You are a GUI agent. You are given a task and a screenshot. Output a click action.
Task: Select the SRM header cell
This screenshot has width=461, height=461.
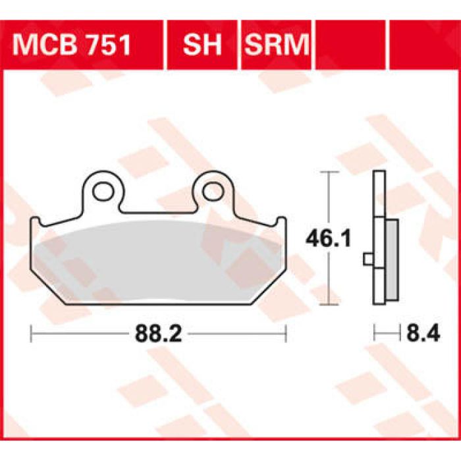click(x=277, y=45)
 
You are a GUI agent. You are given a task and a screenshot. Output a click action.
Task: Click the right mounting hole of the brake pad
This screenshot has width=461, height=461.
click(x=212, y=192)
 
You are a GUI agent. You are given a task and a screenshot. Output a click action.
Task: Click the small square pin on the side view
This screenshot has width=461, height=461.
click(x=367, y=259)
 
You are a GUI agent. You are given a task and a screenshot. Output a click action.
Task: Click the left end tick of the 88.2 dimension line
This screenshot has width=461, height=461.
click(x=32, y=335)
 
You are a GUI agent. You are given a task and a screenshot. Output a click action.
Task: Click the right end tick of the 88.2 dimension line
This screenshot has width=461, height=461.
click(x=285, y=335)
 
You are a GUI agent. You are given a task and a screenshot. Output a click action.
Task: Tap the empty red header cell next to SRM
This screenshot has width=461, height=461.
click(x=351, y=45)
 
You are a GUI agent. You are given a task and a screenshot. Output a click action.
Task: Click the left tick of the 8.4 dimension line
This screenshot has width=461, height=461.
click(x=375, y=335)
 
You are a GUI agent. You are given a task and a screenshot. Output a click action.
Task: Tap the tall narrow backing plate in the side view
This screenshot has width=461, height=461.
click(x=378, y=198)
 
